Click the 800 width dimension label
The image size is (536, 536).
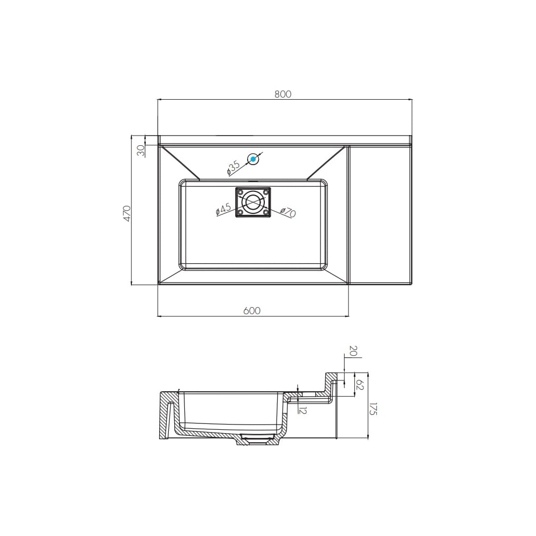282,94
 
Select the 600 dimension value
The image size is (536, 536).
252,311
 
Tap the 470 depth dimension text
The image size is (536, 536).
127,214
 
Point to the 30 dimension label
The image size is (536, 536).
141,151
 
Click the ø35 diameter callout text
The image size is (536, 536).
234,168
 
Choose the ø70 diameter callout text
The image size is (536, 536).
288,212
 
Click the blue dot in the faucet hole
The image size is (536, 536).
253,159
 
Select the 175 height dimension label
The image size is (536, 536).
373,409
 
